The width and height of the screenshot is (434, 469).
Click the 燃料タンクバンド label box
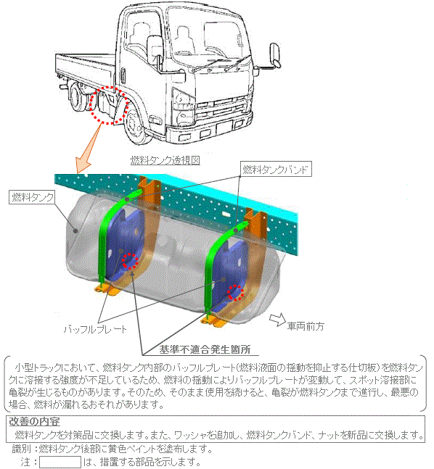click(276, 170)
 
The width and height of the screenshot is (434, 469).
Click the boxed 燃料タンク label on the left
click(32, 197)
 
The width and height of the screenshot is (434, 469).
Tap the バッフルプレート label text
click(95, 330)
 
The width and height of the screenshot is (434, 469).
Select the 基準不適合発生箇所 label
click(205, 349)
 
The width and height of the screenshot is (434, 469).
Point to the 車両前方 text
click(306, 326)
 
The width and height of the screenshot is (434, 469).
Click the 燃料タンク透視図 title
click(165, 160)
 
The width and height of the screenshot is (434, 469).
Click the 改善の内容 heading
click(34, 422)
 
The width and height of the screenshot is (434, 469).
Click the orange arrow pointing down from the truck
click(88, 148)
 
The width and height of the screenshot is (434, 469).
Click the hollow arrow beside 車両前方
click(277, 319)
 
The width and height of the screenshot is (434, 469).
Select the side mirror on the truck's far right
click(275, 55)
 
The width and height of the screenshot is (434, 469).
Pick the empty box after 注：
click(60, 462)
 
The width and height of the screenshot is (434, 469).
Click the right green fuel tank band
click(212, 269)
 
